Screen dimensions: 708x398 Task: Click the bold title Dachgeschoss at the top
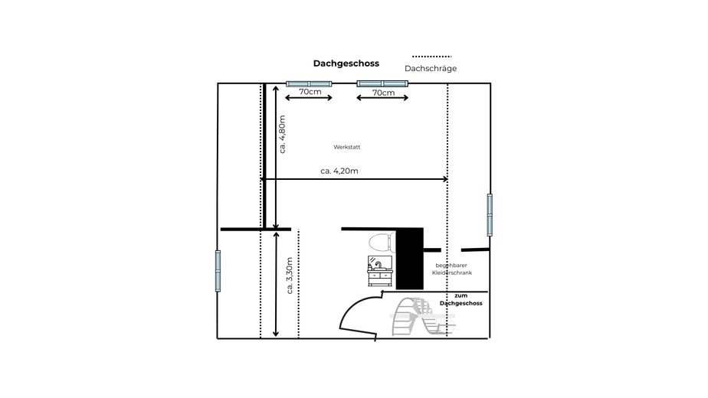(346, 64)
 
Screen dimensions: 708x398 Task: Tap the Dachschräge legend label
(431, 69)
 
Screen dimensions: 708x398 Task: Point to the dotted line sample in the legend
(431, 57)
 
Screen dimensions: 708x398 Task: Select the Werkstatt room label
(347, 147)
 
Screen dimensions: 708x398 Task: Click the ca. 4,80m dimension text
(282, 135)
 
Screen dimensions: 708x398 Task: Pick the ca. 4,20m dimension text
(339, 171)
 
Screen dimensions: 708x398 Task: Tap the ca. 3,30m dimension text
(290, 276)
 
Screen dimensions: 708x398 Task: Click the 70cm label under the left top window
(310, 92)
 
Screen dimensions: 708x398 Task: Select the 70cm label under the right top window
(383, 93)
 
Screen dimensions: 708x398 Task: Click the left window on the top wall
(309, 84)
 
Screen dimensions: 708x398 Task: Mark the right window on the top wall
(382, 83)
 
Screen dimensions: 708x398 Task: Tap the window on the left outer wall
(218, 271)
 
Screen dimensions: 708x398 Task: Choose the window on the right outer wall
(490, 215)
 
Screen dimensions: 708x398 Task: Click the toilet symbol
(382, 243)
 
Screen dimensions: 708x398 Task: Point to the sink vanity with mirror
(380, 271)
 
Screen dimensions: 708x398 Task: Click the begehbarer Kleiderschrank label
(451, 269)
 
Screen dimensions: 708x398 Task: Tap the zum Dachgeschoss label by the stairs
(461, 299)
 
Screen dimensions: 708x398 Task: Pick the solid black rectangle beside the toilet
(409, 259)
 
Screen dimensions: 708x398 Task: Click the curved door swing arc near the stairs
(351, 306)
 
